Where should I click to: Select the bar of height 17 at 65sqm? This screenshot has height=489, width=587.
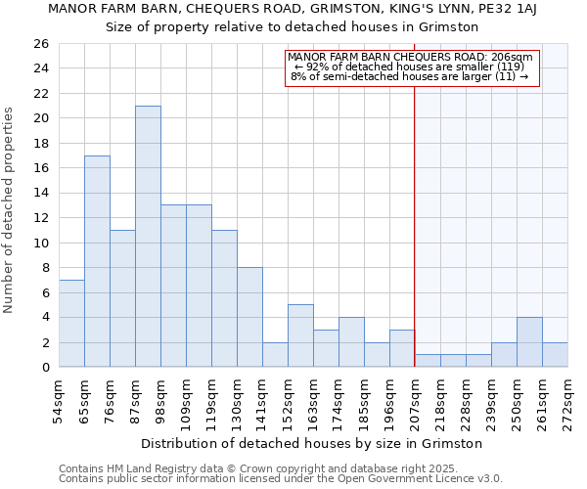click(97, 261)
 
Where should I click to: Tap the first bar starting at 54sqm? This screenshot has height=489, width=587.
click(71, 324)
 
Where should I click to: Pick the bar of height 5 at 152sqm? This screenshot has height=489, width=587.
click(300, 335)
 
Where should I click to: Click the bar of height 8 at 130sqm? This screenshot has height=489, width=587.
click(249, 317)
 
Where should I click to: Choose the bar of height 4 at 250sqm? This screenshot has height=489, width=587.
click(529, 342)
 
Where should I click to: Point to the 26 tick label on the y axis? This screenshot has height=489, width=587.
click(40, 44)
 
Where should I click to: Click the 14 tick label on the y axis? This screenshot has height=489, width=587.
click(40, 194)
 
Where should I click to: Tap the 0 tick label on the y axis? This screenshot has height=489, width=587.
click(44, 368)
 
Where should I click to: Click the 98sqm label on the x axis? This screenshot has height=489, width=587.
click(161, 397)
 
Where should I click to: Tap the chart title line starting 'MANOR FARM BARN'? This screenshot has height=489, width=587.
click(293, 10)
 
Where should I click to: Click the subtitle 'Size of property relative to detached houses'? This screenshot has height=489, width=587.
click(293, 26)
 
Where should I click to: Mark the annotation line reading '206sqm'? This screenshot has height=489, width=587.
click(411, 58)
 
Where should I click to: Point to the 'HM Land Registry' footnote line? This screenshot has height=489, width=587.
click(280, 468)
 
